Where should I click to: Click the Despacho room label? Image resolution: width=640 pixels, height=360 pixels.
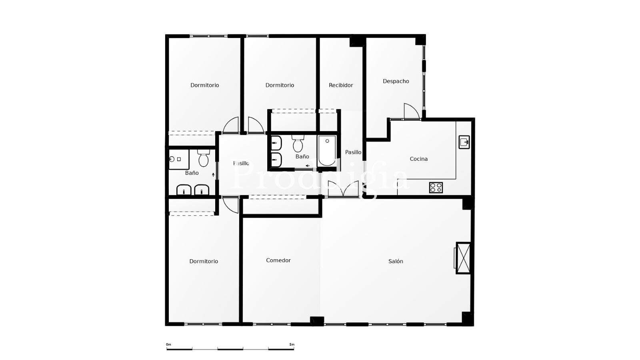396,81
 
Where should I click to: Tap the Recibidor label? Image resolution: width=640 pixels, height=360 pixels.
341,85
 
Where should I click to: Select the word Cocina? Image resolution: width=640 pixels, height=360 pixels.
418,159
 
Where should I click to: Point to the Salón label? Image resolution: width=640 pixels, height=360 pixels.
396,261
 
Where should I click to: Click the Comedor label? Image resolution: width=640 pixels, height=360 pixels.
278,260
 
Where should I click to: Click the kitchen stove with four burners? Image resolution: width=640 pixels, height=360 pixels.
436,188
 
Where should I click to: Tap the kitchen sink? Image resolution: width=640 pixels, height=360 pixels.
464,142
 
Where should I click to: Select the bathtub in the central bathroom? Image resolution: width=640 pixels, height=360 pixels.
327,151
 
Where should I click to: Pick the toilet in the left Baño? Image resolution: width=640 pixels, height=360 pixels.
204,158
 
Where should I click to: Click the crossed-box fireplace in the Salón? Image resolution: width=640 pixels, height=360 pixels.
463,258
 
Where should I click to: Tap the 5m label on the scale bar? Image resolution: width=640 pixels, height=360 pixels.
292,344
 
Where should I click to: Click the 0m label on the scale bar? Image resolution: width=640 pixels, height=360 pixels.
168,344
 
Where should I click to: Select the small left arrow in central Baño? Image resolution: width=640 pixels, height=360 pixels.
308,166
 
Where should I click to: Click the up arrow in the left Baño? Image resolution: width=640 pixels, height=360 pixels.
213,174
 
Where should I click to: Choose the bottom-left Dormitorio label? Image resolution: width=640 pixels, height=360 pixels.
204,261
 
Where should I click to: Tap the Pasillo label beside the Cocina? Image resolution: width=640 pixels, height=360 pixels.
353,152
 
